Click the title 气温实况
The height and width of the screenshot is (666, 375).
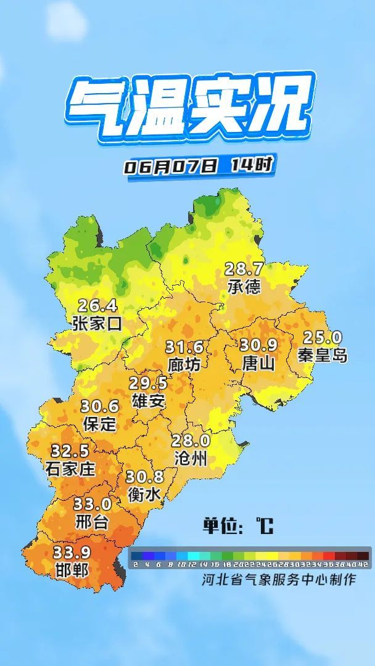click(189, 109)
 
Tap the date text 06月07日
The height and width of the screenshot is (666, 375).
click(171, 166)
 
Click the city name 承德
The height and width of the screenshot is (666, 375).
click(244, 286)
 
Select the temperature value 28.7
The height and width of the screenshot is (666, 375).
click(244, 269)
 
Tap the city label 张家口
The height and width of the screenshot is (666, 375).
click(97, 323)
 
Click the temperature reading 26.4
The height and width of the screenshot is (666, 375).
click(97, 305)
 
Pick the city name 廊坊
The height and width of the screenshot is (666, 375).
click(184, 364)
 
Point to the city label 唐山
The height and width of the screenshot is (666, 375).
click(258, 363)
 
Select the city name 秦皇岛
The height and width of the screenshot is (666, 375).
click(323, 355)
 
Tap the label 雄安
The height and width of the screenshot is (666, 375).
click(149, 401)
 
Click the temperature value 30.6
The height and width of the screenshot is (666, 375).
click(99, 406)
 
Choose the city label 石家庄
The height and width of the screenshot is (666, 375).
click(70, 469)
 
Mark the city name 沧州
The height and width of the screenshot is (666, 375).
click(191, 458)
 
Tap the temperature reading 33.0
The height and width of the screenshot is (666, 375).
click(93, 504)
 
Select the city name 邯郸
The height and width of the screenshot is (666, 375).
click(71, 569)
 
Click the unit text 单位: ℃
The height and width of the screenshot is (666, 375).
click(238, 526)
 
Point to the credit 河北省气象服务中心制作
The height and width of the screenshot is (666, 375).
click(279, 580)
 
